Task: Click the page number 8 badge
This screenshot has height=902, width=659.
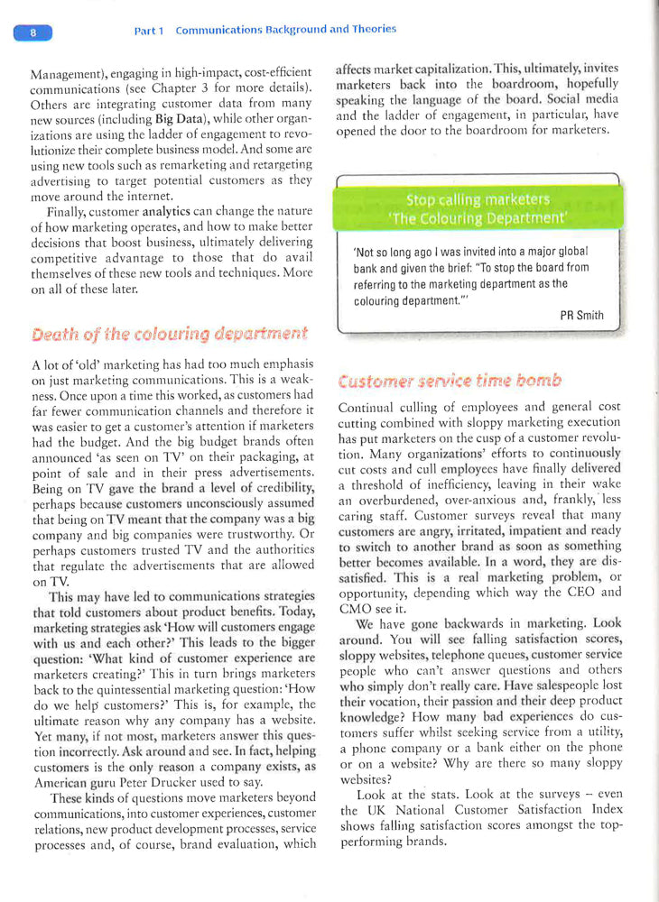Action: point(33,33)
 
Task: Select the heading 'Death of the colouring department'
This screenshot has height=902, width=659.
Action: point(169,334)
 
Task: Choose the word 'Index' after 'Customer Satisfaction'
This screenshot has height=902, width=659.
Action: point(601,810)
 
